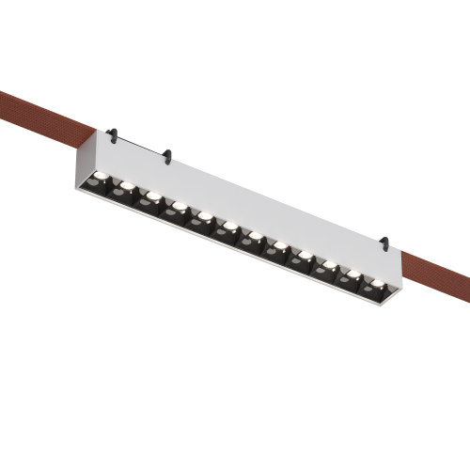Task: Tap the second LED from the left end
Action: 128,185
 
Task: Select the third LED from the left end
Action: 153,196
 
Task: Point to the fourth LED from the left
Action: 179,206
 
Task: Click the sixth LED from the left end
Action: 229,227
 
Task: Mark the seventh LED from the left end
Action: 255,236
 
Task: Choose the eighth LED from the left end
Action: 280,246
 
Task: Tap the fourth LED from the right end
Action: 305,256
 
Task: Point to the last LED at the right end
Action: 378,284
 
